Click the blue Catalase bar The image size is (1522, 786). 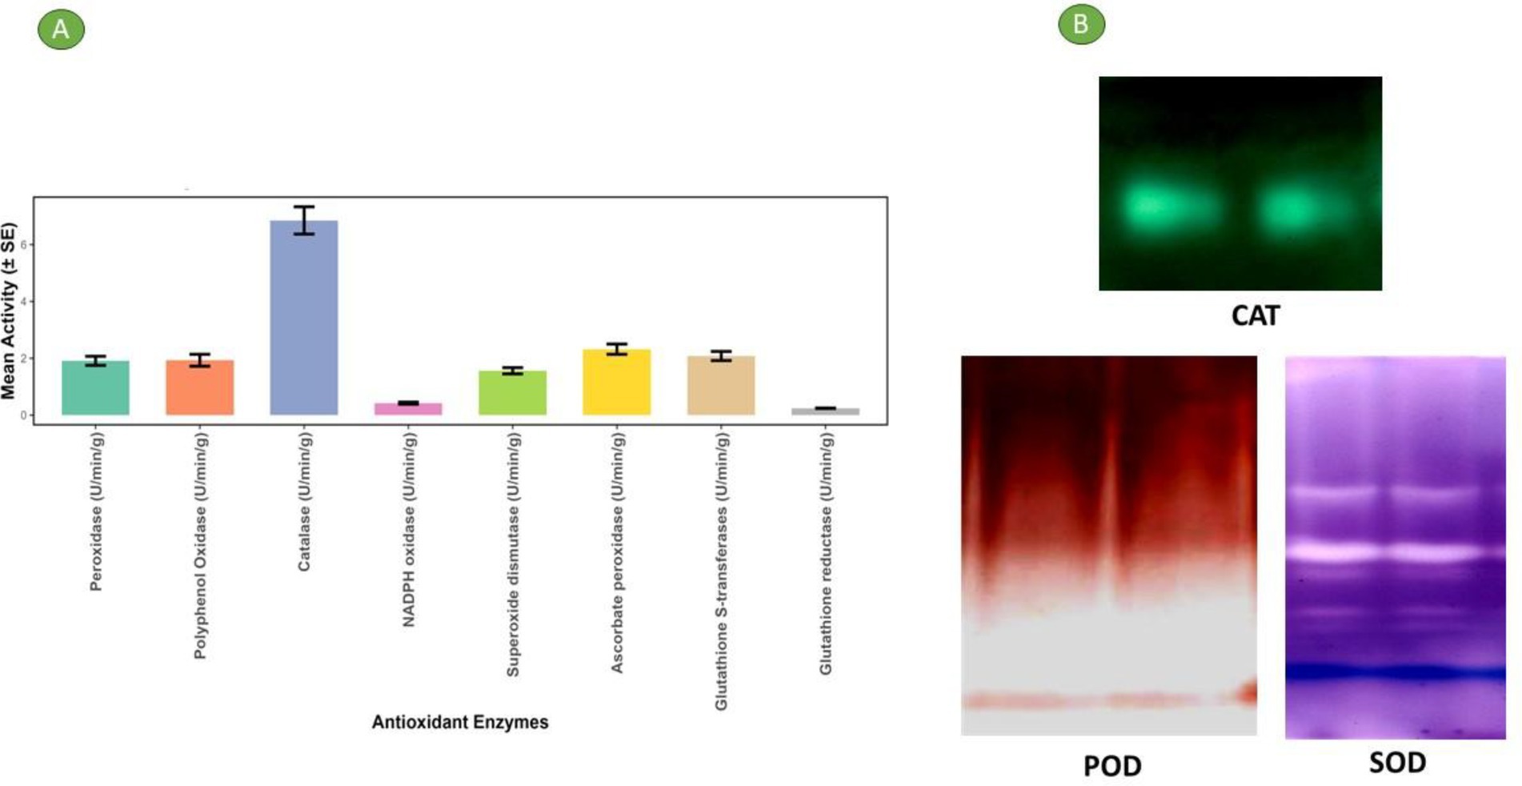304,318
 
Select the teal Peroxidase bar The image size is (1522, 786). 95,388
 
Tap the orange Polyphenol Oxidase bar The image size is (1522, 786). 200,387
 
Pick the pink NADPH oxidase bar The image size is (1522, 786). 408,409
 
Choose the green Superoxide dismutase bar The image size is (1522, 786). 513,393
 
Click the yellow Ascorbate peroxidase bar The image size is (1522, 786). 617,382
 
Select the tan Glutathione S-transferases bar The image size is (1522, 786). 721,386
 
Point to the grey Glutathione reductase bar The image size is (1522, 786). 826,411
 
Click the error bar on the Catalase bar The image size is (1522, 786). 304,220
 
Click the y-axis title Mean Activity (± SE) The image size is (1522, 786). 9,311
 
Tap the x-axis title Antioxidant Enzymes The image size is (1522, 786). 460,722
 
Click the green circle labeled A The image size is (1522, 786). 61,30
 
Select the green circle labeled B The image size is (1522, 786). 1081,24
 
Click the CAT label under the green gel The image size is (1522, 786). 1256,315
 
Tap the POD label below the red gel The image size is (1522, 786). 1112,766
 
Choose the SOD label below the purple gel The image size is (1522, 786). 1397,762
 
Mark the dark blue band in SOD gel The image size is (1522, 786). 1396,672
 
